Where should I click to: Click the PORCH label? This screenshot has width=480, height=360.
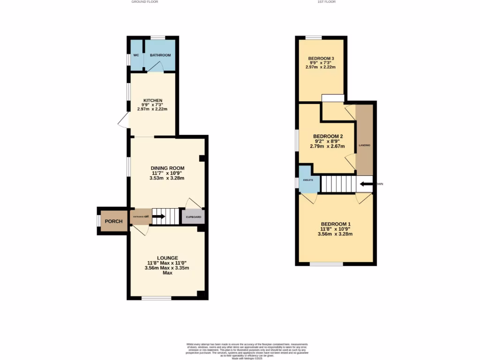(x=114, y=221)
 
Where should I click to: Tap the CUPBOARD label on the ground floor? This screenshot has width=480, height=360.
(x=194, y=217)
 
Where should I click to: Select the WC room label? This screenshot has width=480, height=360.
(x=136, y=55)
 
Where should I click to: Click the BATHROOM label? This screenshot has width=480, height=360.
(x=160, y=55)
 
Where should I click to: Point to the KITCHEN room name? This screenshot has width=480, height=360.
(x=152, y=100)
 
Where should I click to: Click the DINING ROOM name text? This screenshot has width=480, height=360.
(x=167, y=168)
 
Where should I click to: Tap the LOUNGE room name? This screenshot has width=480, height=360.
(x=167, y=258)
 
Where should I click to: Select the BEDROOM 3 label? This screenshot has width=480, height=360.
(x=321, y=59)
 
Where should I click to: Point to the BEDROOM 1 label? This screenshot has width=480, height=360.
(x=336, y=224)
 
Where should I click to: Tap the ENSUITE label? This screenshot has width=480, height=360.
(x=308, y=180)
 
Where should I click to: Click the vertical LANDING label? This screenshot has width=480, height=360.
(x=365, y=145)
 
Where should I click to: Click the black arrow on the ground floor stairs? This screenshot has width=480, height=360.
(x=158, y=217)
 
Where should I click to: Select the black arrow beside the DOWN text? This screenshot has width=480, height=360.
(x=367, y=184)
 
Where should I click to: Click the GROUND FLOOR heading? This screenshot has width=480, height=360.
(x=144, y=2)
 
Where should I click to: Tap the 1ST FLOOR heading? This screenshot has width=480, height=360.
(x=327, y=2)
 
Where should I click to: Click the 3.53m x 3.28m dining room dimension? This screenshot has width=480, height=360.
(x=167, y=178)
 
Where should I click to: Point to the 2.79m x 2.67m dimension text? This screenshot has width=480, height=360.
(x=327, y=146)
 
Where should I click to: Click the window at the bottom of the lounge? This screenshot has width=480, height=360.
(x=157, y=298)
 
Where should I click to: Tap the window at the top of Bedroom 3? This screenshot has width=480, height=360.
(x=314, y=37)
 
